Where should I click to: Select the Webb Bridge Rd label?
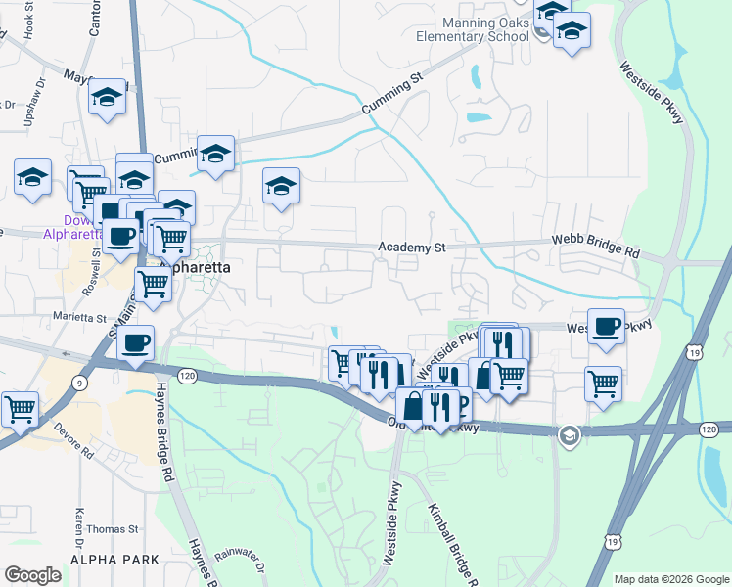(x=594, y=245)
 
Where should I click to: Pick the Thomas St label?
(x=113, y=528)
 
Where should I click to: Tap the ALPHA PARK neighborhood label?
(x=108, y=559)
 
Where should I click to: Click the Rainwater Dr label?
(x=241, y=562)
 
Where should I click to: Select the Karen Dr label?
(x=77, y=529)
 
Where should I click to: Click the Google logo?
(x=32, y=574)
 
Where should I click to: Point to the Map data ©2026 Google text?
(x=670, y=579)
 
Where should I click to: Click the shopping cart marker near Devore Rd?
(x=20, y=408)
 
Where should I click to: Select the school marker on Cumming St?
(x=216, y=154)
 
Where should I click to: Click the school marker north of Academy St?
(x=281, y=185)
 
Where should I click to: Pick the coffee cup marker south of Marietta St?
(x=135, y=342)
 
